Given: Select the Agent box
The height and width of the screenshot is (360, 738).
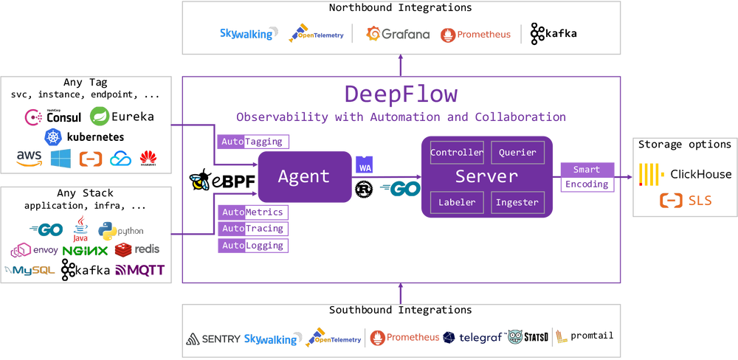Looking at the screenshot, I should point(303,176).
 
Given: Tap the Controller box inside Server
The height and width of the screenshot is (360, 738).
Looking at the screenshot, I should point(457,153).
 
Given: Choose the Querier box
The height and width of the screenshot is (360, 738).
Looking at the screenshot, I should point(517,153).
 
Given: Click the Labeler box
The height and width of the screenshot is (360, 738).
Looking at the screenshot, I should point(457,202).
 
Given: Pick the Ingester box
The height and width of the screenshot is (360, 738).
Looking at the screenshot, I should point(517,202).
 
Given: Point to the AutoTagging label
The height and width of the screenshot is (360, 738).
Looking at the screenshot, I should point(252,142).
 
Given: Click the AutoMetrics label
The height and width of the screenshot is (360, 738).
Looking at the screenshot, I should point(252,212).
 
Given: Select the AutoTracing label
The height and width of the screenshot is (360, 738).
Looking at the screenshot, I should point(252,229).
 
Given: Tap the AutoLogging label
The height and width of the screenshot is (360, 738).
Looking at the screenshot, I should point(252,245).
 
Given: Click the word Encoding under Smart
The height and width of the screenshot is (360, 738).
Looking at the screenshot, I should point(587,184).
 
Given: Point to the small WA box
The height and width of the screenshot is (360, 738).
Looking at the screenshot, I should point(365,168).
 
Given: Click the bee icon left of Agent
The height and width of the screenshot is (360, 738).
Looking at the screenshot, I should point(199,181).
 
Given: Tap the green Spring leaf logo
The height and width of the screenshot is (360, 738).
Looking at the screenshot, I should point(100,115).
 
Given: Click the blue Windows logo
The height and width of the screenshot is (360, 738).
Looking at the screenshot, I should point(61,159).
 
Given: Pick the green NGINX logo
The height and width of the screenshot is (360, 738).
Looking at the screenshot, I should point(85,251).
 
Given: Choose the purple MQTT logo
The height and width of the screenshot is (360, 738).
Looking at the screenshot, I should point(140,271).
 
